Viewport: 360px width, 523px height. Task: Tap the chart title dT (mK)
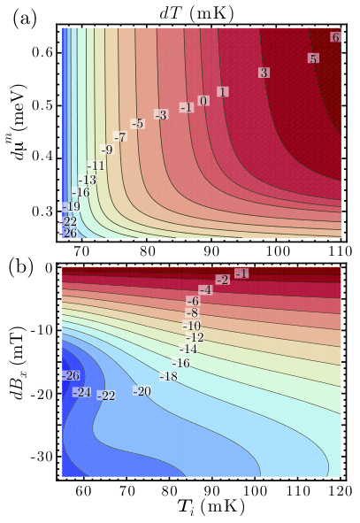click(x=196, y=15)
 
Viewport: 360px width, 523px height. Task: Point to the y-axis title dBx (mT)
click(x=19, y=362)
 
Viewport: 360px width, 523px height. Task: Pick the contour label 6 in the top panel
click(x=335, y=37)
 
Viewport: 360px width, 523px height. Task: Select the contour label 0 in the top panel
click(x=203, y=101)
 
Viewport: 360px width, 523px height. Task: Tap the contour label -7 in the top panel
click(x=120, y=136)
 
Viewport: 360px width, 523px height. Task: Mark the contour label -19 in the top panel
click(x=71, y=207)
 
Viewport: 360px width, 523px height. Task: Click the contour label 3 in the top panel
click(x=264, y=73)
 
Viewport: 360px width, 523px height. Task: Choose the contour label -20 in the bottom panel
click(x=142, y=391)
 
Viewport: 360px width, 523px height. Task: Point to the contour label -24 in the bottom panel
click(x=81, y=392)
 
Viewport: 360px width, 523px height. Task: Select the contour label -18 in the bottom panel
click(x=168, y=377)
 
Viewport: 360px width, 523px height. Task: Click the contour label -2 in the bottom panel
click(x=222, y=281)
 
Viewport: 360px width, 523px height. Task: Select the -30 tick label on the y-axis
click(x=41, y=456)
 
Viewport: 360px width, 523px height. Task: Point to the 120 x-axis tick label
click(x=340, y=491)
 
